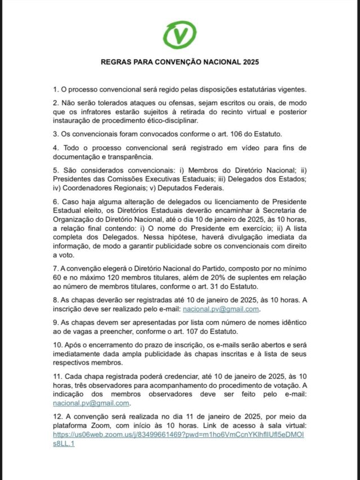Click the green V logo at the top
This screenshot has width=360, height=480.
point(179,34)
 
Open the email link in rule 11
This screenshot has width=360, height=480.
point(92,402)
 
